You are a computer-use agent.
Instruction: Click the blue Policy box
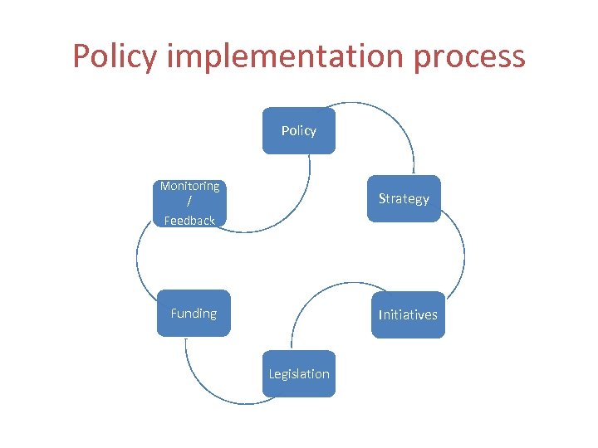(299, 131)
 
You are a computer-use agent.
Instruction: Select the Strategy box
(404, 199)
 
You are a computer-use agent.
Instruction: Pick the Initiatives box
(408, 314)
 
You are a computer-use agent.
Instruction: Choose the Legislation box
(299, 374)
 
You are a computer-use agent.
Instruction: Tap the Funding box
(194, 313)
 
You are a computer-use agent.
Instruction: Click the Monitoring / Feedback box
(190, 203)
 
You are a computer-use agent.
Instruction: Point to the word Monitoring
(190, 187)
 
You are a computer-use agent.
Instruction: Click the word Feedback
(189, 221)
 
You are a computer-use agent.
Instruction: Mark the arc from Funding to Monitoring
(138, 257)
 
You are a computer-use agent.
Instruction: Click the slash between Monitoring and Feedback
(189, 202)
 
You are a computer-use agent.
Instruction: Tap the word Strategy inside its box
(404, 199)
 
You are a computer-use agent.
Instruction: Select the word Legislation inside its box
(299, 374)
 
